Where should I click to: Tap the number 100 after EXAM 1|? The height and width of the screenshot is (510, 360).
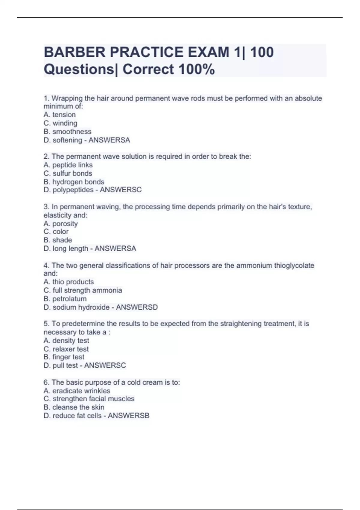click(x=262, y=52)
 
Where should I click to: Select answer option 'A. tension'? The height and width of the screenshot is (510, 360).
click(x=60, y=115)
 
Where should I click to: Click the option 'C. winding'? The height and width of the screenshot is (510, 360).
click(x=61, y=123)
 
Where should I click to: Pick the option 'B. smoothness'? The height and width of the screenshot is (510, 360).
click(x=67, y=131)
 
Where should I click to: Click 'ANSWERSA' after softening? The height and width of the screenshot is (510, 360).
click(x=109, y=140)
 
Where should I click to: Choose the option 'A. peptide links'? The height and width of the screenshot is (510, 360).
click(x=68, y=165)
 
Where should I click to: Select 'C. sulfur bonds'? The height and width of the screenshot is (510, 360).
click(x=68, y=173)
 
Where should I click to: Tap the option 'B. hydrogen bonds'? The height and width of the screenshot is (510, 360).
click(x=74, y=182)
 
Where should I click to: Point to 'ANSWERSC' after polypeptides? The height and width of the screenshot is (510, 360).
click(x=121, y=190)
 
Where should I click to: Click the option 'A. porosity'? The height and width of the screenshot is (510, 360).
click(x=61, y=223)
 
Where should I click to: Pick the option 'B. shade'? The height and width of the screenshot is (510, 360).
click(x=58, y=240)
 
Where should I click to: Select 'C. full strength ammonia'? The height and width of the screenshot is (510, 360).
click(x=83, y=290)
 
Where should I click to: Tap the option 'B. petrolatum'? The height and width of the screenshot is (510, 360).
click(x=65, y=299)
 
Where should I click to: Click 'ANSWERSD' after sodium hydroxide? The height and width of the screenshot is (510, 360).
click(x=137, y=307)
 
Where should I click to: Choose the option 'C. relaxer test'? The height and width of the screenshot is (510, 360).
click(x=66, y=349)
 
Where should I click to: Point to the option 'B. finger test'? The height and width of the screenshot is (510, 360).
click(x=64, y=357)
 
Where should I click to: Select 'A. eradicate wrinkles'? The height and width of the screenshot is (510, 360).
click(x=77, y=391)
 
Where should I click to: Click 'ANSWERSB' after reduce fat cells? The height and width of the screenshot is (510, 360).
click(x=128, y=415)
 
